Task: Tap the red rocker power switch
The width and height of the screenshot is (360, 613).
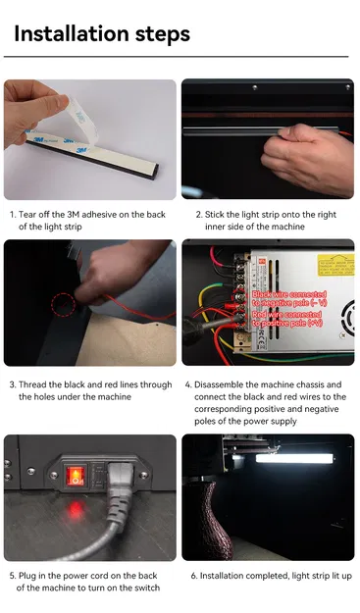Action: (76, 478)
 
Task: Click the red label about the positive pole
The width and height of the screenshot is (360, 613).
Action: (286, 318)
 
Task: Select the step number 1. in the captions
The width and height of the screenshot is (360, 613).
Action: (12, 214)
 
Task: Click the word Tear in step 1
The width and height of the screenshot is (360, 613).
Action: (28, 214)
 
